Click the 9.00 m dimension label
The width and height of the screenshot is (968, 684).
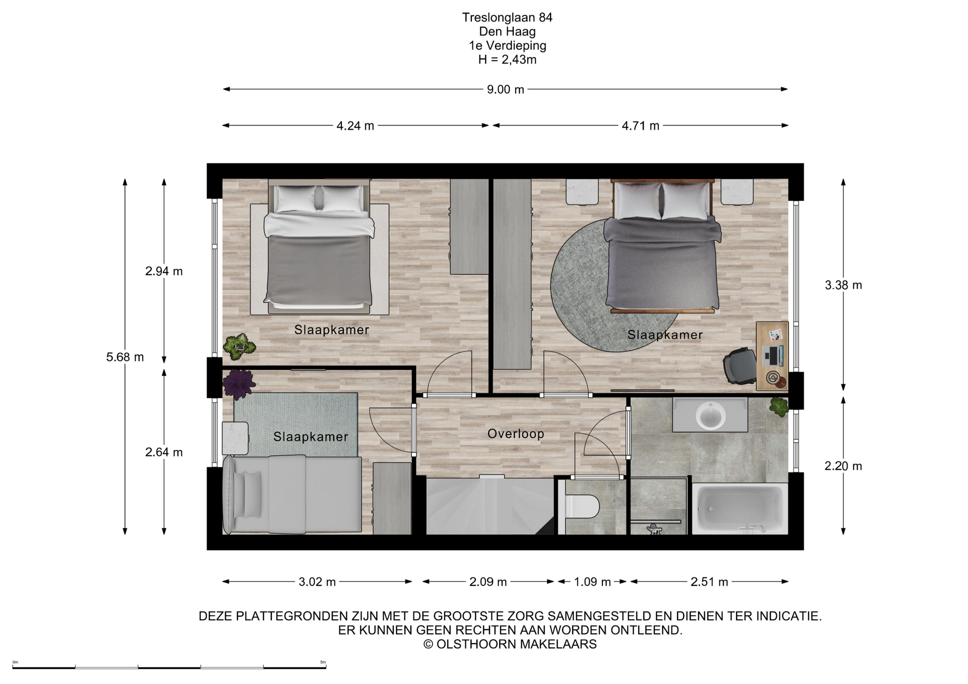tap(505, 90)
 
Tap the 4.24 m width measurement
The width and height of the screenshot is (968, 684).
tap(355, 126)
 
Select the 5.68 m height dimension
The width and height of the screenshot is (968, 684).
tap(125, 357)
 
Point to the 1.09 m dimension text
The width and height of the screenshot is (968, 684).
tap(592, 582)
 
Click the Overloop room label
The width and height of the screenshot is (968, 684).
tap(516, 434)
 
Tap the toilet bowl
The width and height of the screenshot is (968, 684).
tap(582, 506)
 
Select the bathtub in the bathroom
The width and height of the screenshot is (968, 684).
tap(740, 508)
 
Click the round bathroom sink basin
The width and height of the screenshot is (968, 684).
tap(711, 416)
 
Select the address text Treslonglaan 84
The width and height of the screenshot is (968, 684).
tap(507, 18)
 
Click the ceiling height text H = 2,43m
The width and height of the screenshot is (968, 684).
tap(507, 60)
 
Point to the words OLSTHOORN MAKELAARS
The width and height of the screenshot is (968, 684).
tap(516, 644)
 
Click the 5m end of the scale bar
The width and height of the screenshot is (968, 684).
tap(326, 667)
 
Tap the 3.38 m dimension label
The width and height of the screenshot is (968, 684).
tap(843, 285)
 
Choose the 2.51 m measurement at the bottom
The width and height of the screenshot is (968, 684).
tap(709, 582)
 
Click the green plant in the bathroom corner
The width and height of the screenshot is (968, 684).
tap(779, 406)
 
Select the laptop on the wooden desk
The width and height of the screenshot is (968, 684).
tap(773, 356)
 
